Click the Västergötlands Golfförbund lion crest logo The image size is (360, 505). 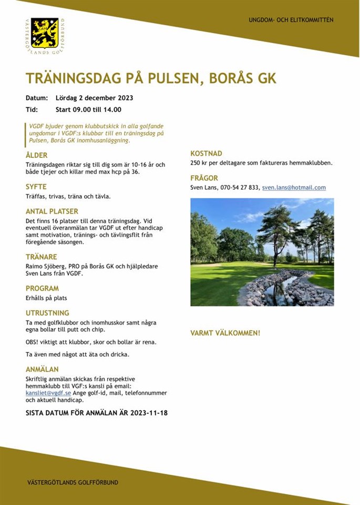[45, 33]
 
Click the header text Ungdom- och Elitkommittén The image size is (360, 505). [291, 20]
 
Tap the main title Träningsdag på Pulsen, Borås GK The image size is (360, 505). [151, 79]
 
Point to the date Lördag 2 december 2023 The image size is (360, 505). [94, 98]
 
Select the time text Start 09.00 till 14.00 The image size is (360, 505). [88, 110]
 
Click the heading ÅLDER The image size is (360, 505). [37, 155]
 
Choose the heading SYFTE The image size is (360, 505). [36, 187]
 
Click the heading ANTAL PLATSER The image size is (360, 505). [52, 211]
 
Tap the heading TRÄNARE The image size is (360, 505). [41, 257]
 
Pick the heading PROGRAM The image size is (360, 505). [43, 288]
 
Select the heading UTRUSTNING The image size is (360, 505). [47, 313]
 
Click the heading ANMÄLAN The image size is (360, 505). [42, 369]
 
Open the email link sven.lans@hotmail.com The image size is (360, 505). [294, 188]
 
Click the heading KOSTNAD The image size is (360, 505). [206, 153]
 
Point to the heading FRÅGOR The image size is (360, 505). [204, 178]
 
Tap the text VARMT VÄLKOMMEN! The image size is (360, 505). [225, 333]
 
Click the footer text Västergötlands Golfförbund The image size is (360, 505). [73, 482]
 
